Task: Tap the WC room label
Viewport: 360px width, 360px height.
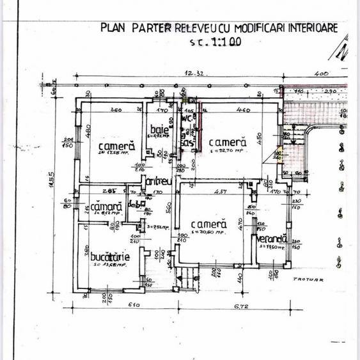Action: (x=187, y=118)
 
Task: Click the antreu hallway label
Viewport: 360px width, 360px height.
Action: (x=158, y=182)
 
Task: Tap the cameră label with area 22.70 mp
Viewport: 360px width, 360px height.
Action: (x=226, y=143)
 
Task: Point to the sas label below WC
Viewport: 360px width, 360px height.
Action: (x=187, y=143)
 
